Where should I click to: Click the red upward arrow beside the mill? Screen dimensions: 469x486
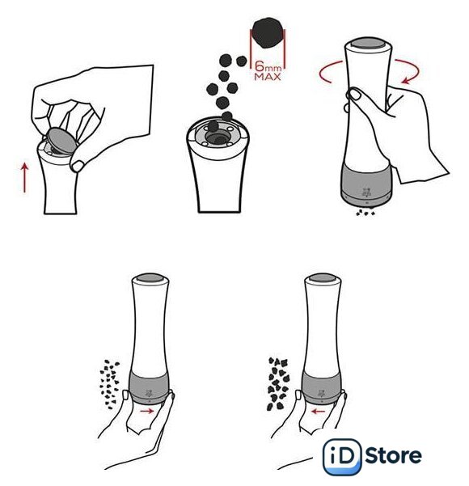click(24, 178)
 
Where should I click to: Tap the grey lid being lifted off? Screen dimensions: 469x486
click(62, 140)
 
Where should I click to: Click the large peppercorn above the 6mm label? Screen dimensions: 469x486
click(268, 32)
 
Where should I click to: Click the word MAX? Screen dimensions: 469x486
click(268, 77)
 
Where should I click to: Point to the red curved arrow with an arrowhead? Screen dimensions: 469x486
click(408, 71)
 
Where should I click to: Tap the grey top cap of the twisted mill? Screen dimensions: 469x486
click(369, 44)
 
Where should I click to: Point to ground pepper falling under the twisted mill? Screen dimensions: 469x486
click(365, 212)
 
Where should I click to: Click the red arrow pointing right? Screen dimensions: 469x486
click(146, 411)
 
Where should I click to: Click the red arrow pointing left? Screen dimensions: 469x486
click(318, 412)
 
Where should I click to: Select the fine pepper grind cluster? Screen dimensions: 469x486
click(109, 384)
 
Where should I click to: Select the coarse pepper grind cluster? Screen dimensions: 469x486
click(278, 384)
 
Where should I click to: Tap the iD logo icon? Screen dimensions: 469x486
click(341, 457)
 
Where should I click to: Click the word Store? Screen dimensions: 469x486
click(393, 455)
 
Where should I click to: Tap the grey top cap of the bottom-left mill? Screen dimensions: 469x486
click(150, 277)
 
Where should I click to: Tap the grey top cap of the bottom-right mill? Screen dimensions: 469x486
click(323, 277)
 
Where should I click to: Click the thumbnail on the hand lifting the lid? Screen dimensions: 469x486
click(78, 166)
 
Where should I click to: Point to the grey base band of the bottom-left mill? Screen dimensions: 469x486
click(150, 387)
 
